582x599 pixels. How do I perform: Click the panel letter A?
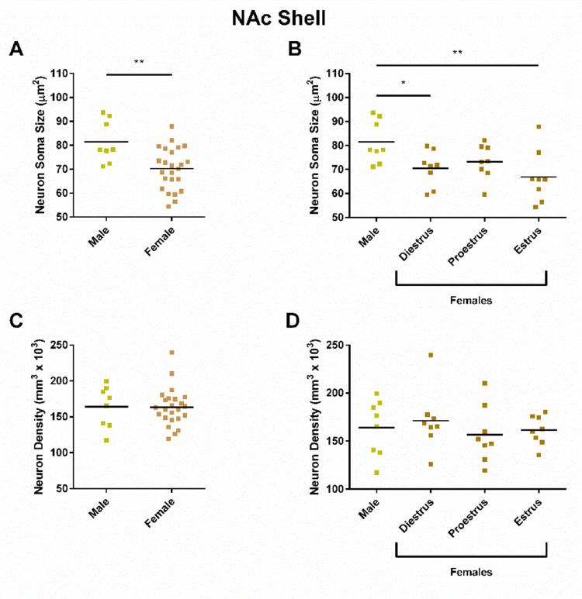pyautogui.click(x=15, y=50)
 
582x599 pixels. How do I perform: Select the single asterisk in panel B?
pyautogui.click(x=403, y=84)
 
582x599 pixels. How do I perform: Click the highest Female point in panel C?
pyautogui.click(x=171, y=353)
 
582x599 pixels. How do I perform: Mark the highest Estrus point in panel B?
pyautogui.click(x=538, y=127)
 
